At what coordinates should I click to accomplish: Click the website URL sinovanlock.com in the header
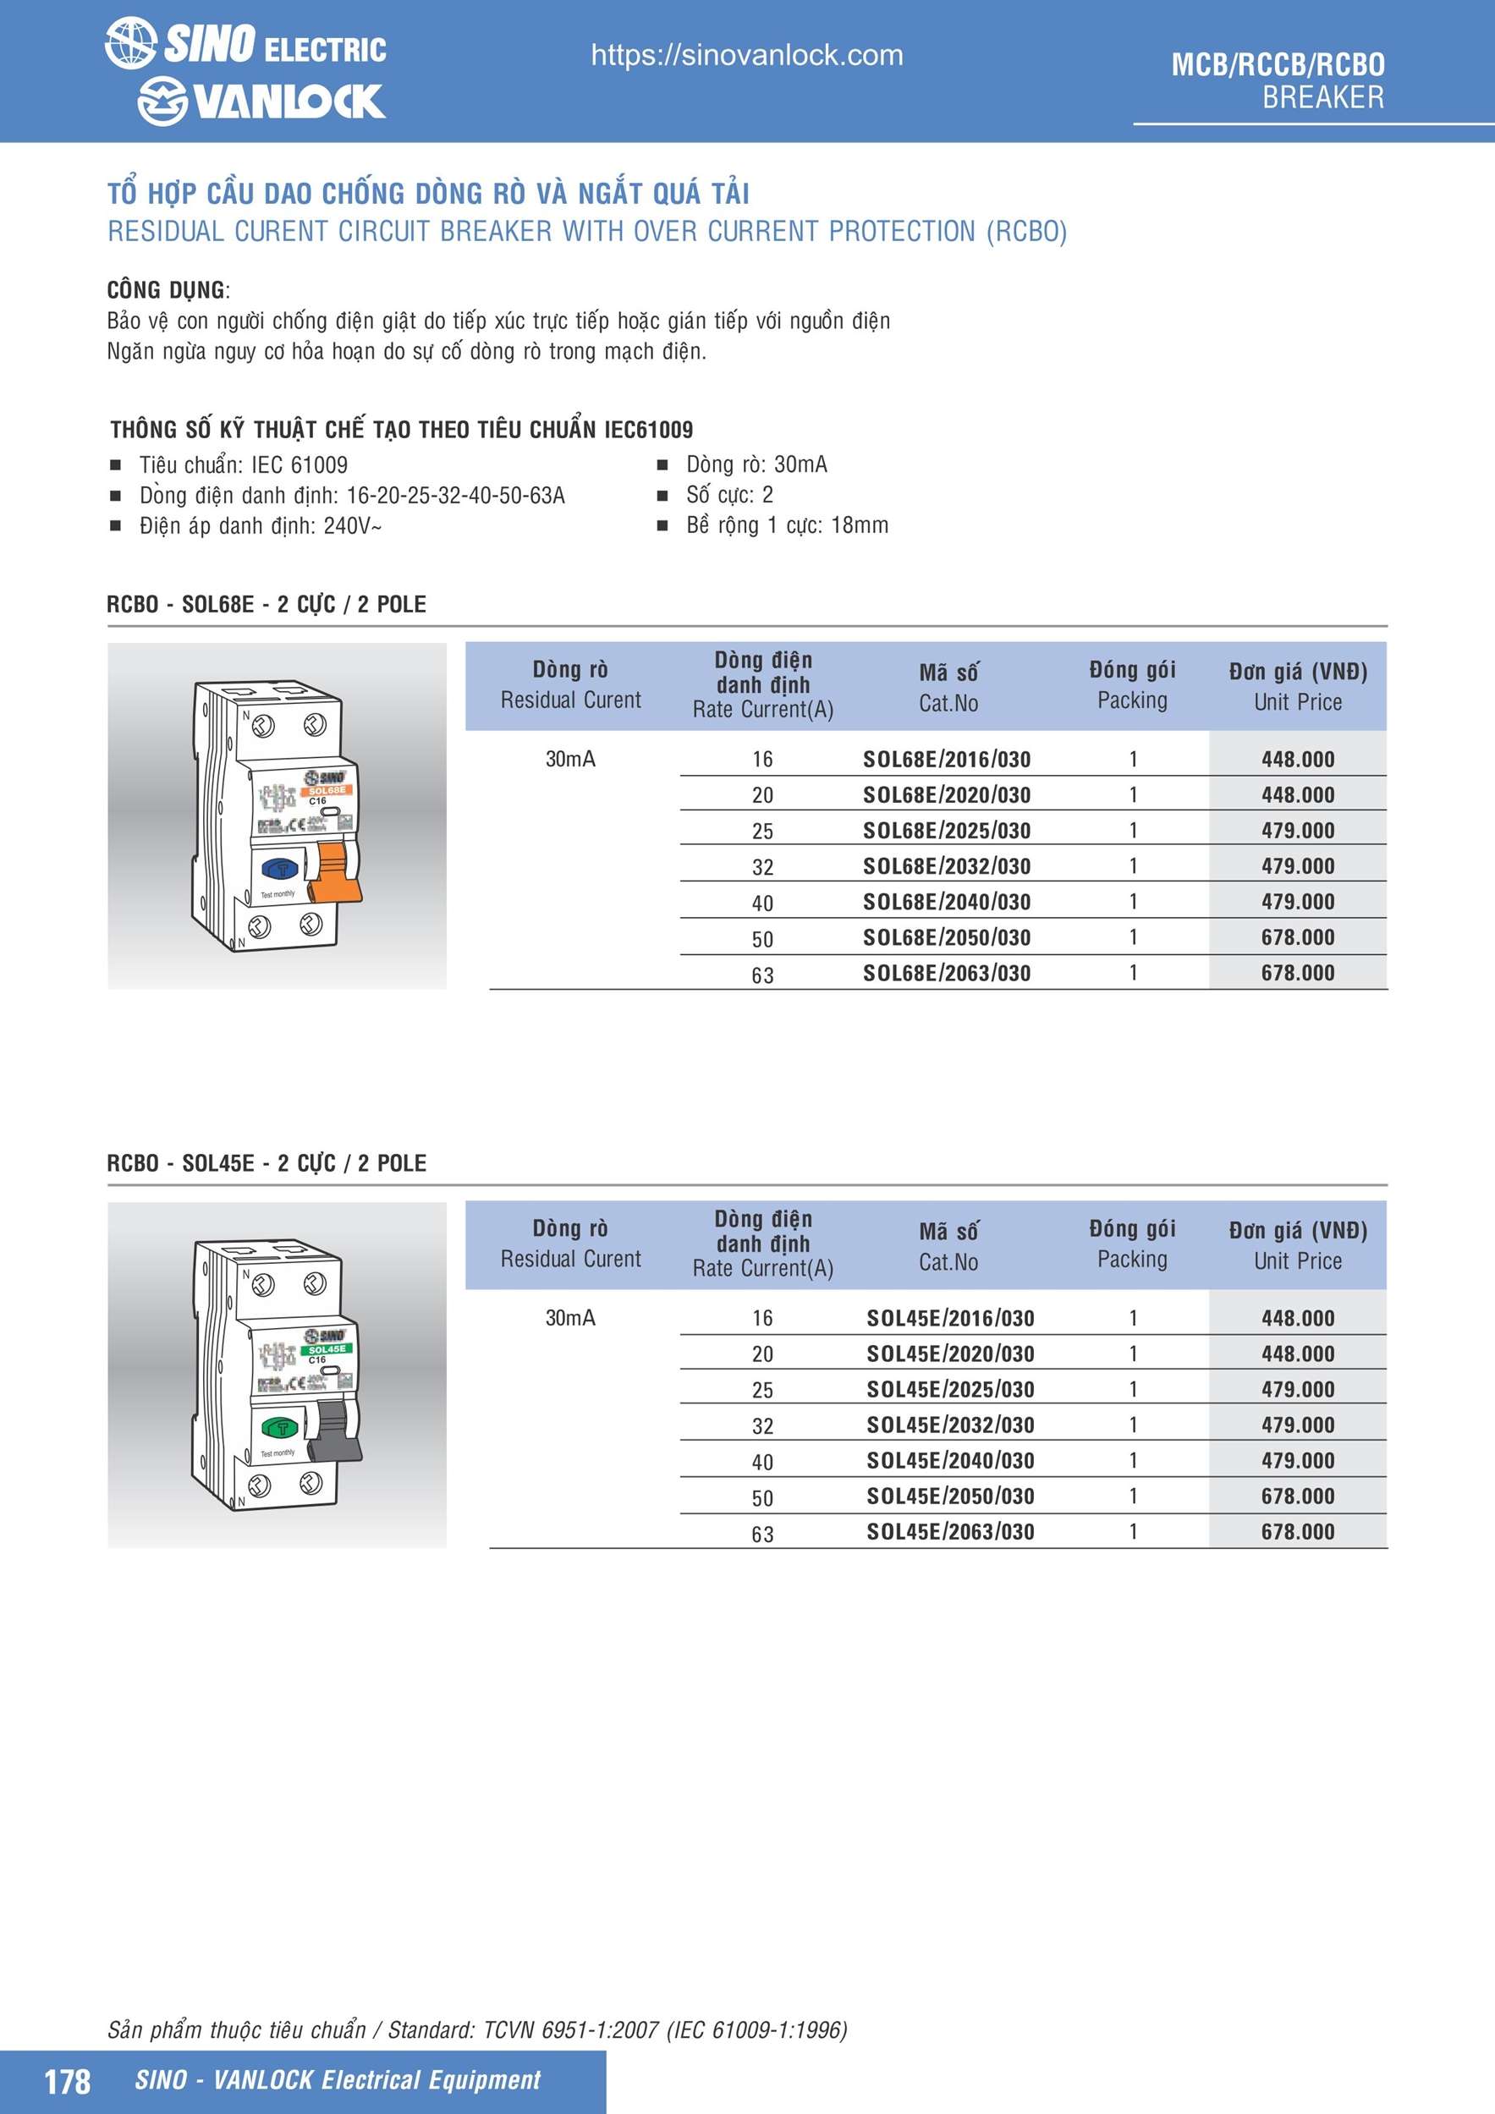(x=746, y=55)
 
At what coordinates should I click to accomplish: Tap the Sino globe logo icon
(x=130, y=43)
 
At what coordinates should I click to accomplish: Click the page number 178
(x=67, y=2081)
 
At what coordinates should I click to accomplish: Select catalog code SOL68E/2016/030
(x=946, y=760)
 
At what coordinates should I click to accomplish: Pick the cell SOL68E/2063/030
(x=946, y=973)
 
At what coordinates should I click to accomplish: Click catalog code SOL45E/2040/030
(x=949, y=1460)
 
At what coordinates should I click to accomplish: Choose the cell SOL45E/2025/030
(x=949, y=1389)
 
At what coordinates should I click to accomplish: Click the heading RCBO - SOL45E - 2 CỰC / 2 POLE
(x=267, y=1163)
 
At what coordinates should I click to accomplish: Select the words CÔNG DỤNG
(x=166, y=290)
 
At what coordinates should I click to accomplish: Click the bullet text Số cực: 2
(x=728, y=496)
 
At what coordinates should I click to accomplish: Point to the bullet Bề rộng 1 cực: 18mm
(x=787, y=525)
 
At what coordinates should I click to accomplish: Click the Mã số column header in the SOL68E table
(x=948, y=687)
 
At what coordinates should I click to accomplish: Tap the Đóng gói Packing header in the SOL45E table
(x=1132, y=1244)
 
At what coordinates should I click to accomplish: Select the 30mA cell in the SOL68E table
(x=570, y=760)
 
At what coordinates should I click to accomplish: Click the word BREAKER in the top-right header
(x=1322, y=97)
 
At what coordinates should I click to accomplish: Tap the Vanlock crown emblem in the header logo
(x=163, y=102)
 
